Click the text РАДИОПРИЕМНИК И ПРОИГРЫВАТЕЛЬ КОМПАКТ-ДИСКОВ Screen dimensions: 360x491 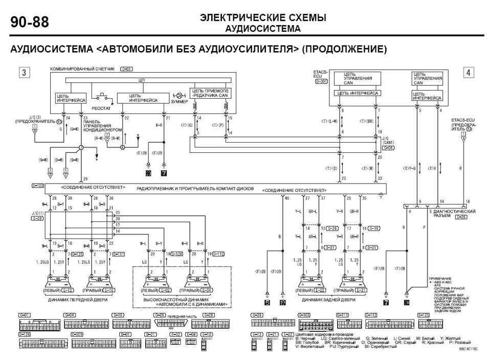pyautogui.click(x=195, y=189)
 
